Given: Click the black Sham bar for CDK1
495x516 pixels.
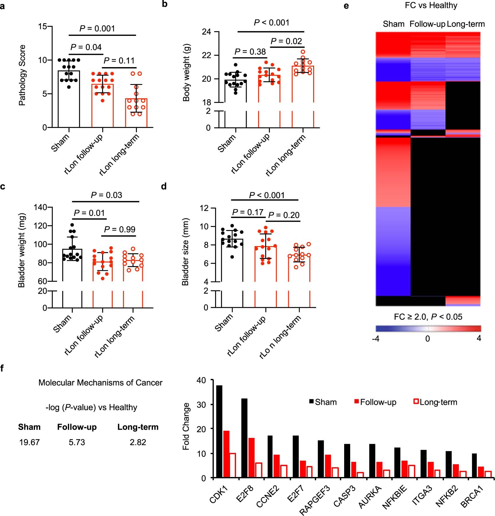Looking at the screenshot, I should coord(219,431).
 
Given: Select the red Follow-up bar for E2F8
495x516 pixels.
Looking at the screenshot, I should coord(251,457).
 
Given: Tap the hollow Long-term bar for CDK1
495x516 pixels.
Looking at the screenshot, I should coord(233,465).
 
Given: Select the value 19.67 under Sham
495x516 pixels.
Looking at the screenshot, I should coord(29,442).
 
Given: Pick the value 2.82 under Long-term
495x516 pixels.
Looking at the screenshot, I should coord(138,442).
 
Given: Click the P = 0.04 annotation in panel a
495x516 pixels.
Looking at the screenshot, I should coord(86,47).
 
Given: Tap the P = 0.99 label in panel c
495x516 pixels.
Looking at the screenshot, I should coord(119,229).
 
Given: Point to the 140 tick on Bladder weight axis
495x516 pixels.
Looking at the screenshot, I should coord(40,207).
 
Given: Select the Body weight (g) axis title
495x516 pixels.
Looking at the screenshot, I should coord(186,73).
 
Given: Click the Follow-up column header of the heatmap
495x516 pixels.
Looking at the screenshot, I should coord(427,24).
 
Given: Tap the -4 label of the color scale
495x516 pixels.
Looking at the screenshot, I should coord(376,339).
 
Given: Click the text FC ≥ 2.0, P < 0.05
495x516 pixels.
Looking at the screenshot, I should coord(428,317).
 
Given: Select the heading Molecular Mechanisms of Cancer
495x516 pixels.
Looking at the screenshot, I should coord(100,383).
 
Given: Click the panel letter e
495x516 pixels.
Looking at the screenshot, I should coord(346,5).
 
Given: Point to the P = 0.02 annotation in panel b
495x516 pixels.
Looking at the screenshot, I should coord(286,41).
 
